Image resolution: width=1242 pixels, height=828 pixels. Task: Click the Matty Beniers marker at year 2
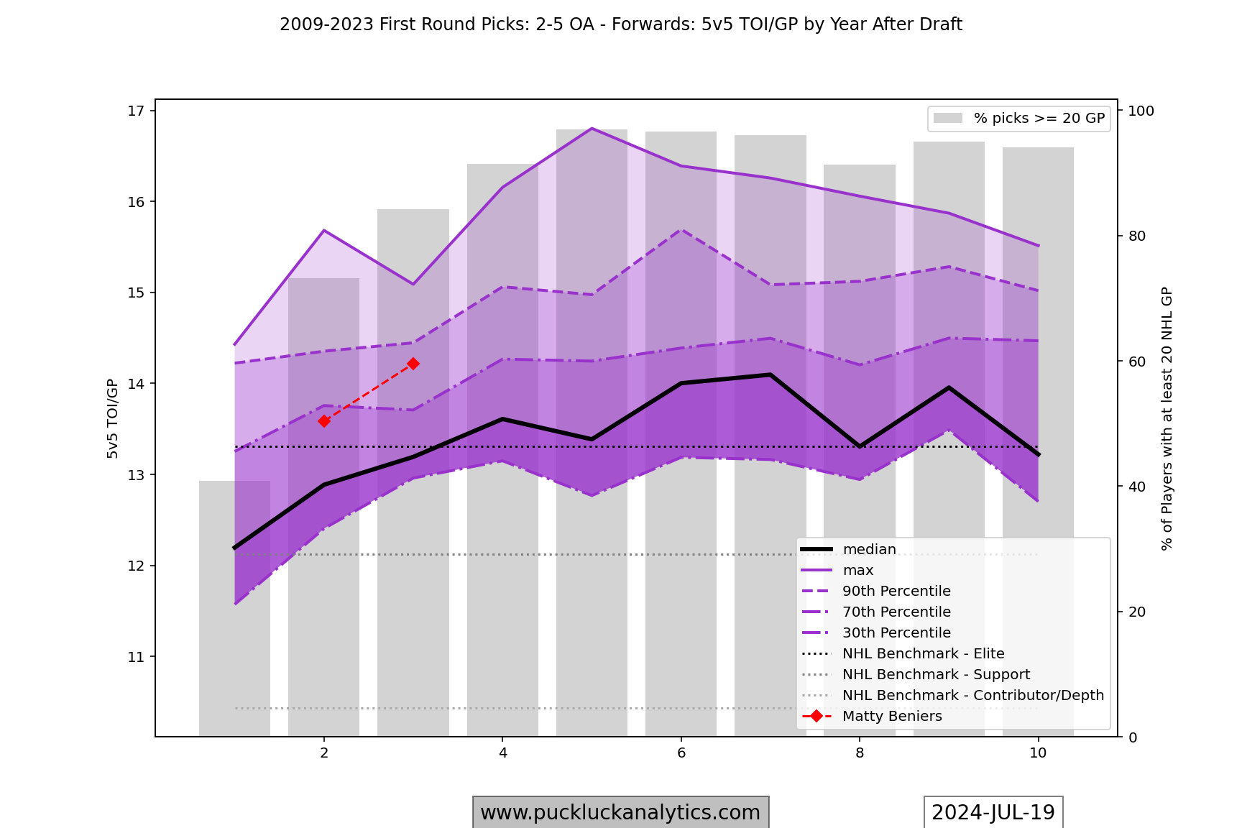tap(324, 421)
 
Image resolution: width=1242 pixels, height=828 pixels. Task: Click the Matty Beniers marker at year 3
tap(413, 364)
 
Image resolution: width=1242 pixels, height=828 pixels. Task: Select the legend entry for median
tap(869, 550)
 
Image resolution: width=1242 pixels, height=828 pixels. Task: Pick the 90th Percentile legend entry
tap(896, 592)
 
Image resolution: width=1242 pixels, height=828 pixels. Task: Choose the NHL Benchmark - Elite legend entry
tap(923, 654)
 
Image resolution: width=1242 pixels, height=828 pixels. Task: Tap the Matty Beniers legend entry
tap(891, 717)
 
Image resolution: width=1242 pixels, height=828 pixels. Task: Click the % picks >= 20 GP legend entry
tap(1039, 119)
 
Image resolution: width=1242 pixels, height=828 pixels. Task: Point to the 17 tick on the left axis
tap(136, 111)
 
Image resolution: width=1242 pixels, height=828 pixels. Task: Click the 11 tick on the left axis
tap(136, 657)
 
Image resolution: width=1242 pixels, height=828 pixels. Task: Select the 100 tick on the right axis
tap(1141, 111)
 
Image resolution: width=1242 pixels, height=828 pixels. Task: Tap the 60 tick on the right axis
tap(1137, 362)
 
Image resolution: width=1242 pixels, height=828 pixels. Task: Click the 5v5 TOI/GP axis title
tap(112, 418)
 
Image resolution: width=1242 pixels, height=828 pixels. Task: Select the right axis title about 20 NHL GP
tap(1167, 418)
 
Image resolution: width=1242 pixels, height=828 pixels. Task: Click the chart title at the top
tap(621, 24)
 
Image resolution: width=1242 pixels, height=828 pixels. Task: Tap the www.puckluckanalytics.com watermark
tap(620, 812)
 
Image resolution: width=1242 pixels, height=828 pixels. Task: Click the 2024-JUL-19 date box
tap(993, 812)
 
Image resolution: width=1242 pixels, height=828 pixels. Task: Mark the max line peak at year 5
tap(592, 129)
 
